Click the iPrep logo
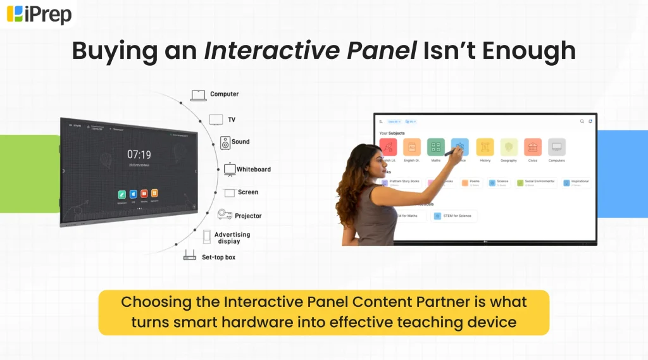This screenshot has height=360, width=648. (x=39, y=13)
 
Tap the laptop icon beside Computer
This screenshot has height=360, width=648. (x=198, y=95)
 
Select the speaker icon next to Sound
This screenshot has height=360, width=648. (x=225, y=142)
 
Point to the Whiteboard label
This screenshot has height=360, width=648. (x=253, y=169)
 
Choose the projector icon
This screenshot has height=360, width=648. (x=224, y=215)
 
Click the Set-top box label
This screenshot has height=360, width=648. (x=218, y=258)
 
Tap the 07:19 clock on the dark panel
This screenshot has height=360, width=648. (x=139, y=154)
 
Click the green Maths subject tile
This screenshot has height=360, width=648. (x=435, y=147)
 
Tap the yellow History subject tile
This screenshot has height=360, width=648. (x=485, y=147)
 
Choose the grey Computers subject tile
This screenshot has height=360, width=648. (x=557, y=147)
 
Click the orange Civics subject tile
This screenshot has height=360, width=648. (x=533, y=147)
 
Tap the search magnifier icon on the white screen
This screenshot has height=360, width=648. (x=582, y=121)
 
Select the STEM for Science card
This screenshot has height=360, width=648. (x=454, y=216)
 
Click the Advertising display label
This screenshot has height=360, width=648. (x=232, y=237)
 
